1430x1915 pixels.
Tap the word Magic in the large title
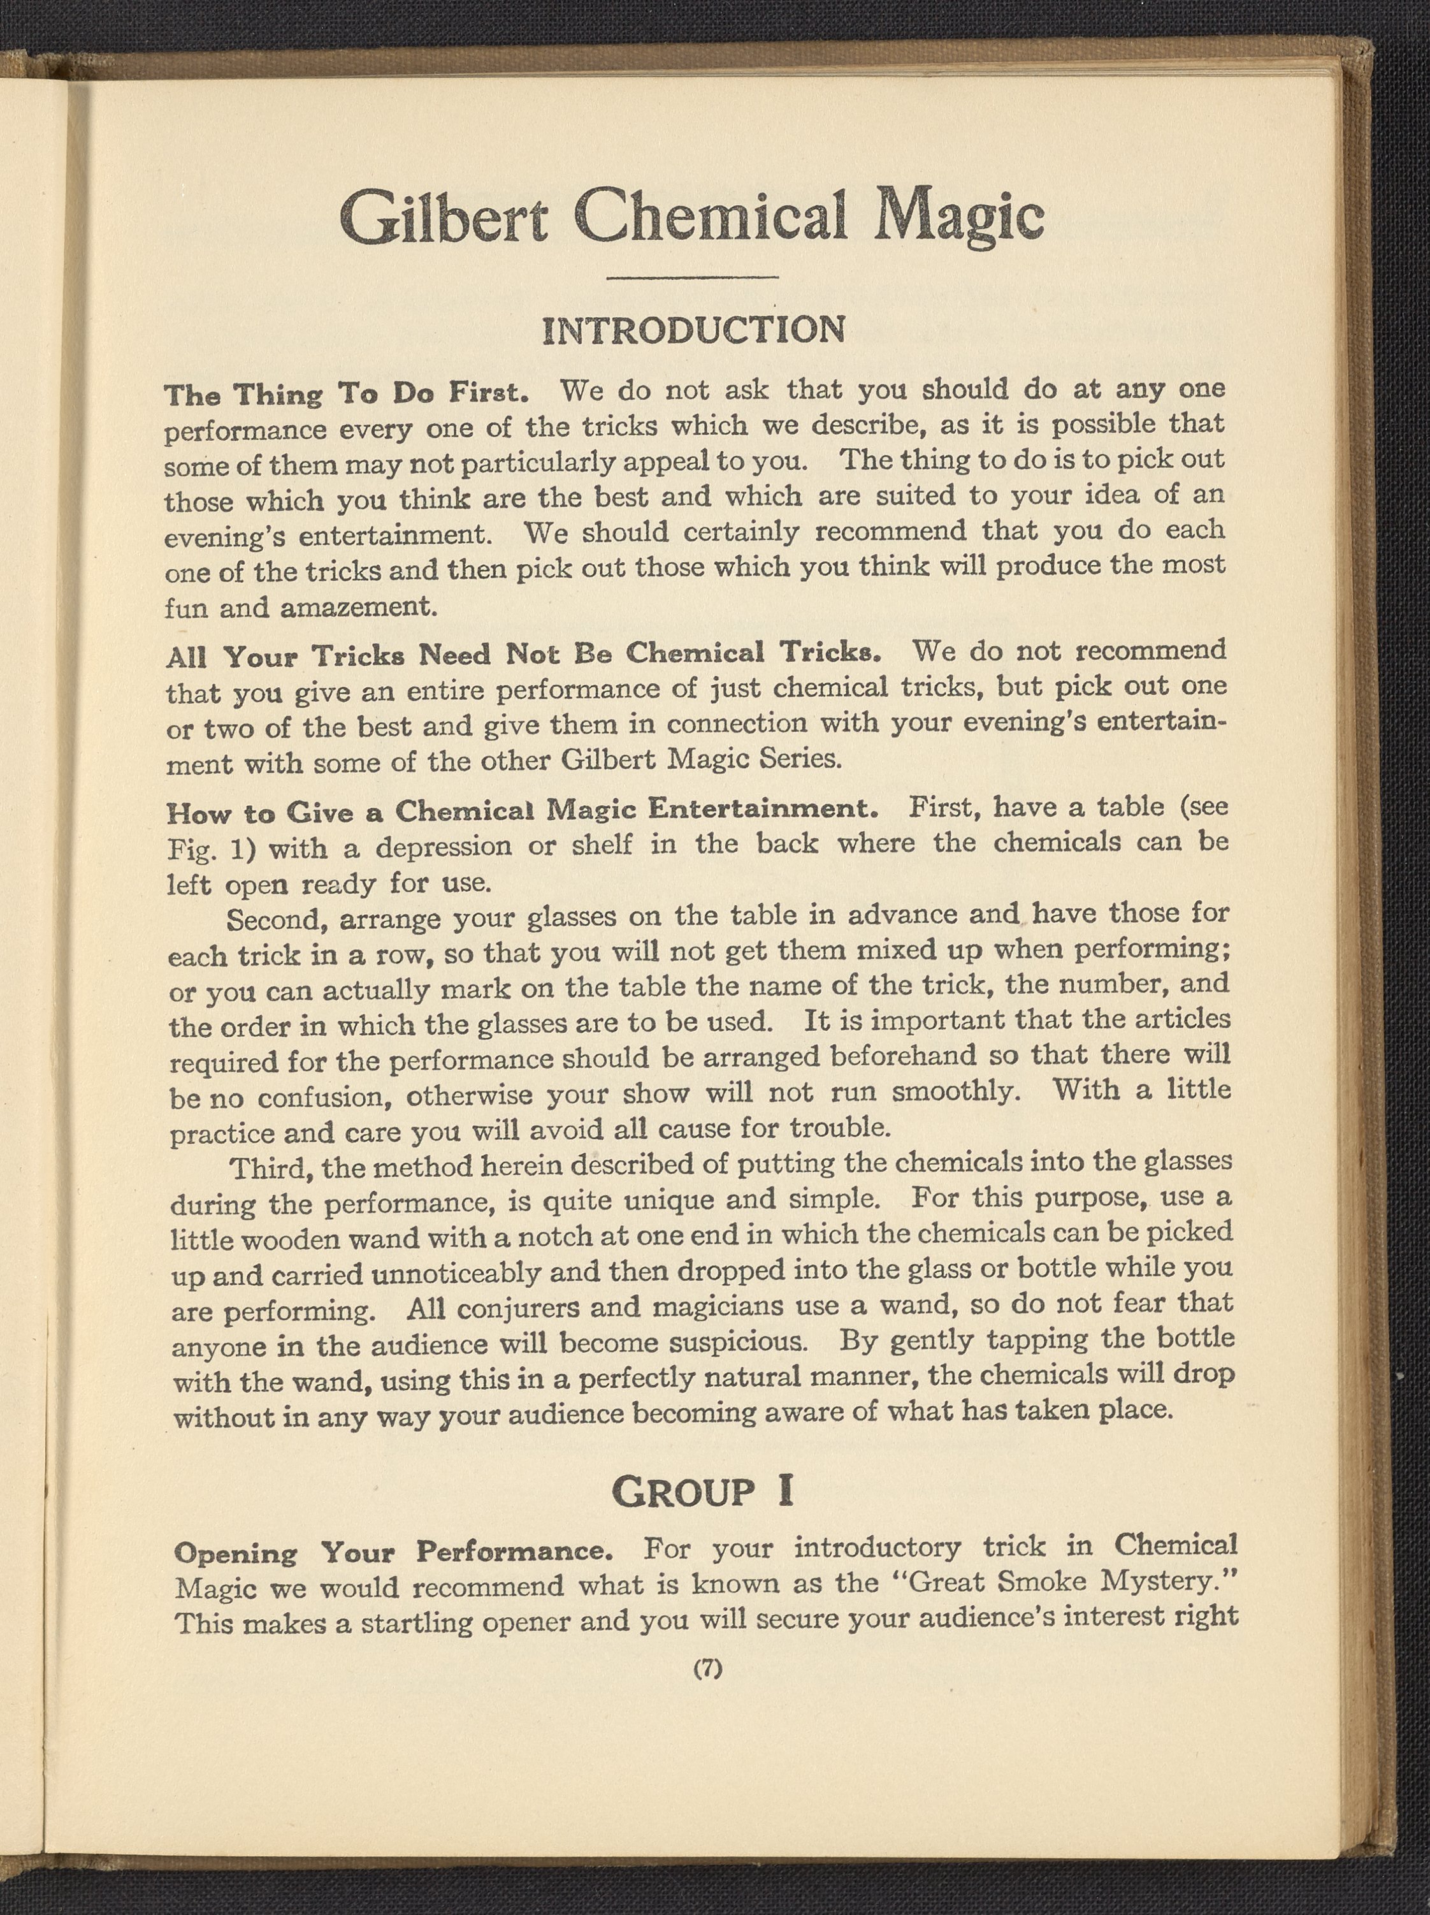[x=958, y=217]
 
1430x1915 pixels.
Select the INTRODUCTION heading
[x=693, y=331]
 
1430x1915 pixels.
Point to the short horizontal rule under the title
[x=693, y=278]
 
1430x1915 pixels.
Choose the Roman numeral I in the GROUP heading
[x=784, y=1492]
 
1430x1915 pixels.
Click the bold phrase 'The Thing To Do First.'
[x=346, y=394]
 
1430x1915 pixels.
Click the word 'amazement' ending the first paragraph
[x=357, y=607]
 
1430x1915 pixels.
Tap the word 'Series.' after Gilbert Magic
[x=800, y=759]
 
